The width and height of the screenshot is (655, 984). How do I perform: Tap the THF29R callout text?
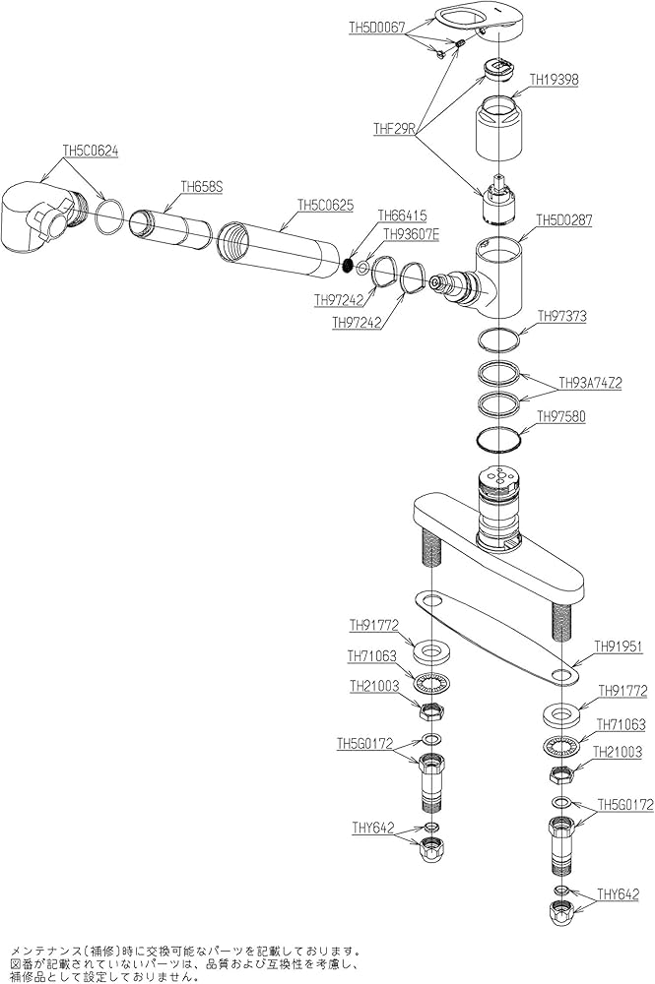click(395, 128)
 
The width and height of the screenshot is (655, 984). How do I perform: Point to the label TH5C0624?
click(91, 151)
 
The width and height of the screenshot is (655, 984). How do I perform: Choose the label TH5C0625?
click(325, 207)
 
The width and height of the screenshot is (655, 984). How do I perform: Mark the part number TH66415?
click(402, 215)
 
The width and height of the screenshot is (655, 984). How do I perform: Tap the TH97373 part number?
click(561, 316)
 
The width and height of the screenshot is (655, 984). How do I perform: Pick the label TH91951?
click(618, 646)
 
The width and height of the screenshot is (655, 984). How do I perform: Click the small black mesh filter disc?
click(348, 264)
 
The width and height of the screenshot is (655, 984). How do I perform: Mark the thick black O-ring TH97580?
click(498, 439)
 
